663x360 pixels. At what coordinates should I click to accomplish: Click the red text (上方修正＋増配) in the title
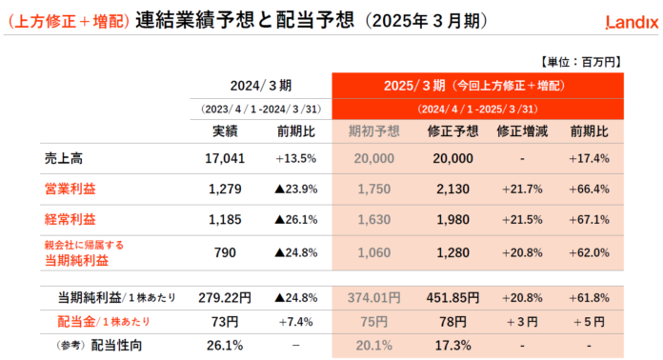click(68, 19)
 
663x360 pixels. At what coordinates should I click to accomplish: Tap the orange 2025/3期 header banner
click(476, 85)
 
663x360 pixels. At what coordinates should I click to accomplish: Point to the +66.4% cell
click(589, 189)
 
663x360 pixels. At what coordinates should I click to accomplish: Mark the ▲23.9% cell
click(295, 189)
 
